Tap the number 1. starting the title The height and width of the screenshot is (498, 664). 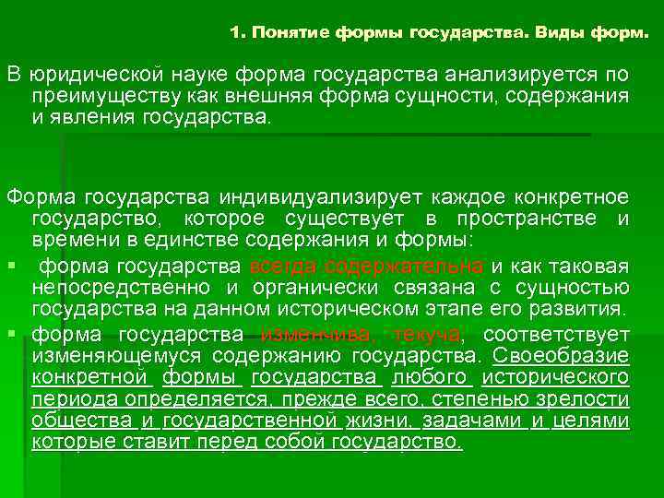(238, 34)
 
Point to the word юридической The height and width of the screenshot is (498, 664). (96, 74)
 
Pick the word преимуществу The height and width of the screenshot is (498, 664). (97, 97)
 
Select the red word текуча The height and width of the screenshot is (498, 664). (430, 334)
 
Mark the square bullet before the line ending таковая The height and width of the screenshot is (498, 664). (11, 267)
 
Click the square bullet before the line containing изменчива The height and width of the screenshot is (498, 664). (11, 334)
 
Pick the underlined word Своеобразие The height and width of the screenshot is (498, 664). (561, 356)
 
